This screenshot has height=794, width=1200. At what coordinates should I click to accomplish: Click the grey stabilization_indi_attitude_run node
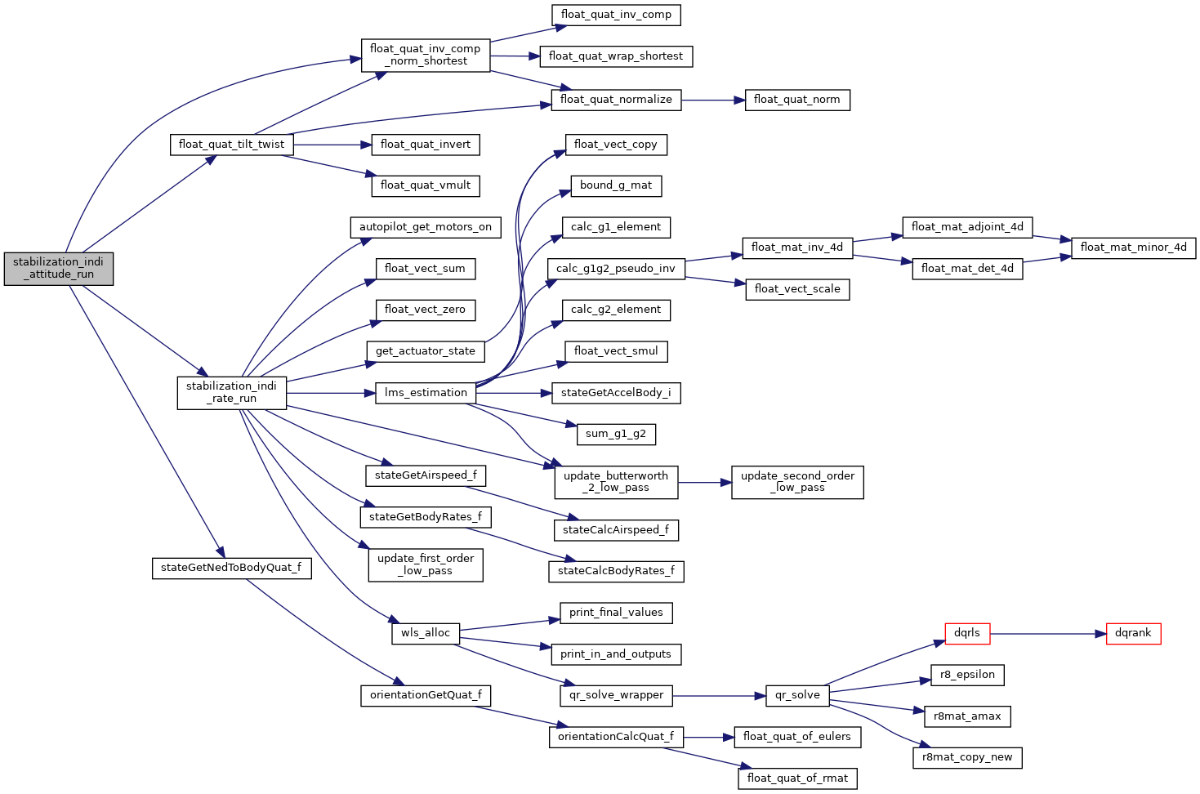tap(58, 268)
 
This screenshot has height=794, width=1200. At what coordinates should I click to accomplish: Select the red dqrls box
tap(966, 633)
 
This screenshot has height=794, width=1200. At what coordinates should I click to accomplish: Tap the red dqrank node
tap(1133, 633)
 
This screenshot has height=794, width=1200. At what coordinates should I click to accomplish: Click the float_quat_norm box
tap(796, 100)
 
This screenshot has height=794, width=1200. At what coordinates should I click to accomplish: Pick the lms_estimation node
tap(426, 393)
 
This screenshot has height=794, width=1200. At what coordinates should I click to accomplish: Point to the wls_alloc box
tap(426, 633)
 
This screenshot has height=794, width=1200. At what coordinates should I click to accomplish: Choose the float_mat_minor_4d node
tap(1133, 248)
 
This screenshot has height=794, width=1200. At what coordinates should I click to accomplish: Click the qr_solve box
tap(796, 695)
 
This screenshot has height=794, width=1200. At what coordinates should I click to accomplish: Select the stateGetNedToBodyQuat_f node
tap(231, 568)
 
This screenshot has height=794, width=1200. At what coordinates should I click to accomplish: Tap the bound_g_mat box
tap(615, 185)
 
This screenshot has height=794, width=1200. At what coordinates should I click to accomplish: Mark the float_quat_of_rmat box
tap(796, 778)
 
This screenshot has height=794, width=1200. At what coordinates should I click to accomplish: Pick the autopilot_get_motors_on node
tap(426, 227)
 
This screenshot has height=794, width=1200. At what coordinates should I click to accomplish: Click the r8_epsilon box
tap(966, 675)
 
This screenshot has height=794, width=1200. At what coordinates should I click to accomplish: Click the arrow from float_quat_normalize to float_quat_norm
tap(712, 100)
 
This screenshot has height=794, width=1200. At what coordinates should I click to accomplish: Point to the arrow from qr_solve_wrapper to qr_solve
tap(718, 695)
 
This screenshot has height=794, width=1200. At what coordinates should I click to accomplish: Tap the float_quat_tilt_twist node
tap(231, 145)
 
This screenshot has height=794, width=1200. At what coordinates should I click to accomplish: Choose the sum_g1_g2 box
tap(615, 434)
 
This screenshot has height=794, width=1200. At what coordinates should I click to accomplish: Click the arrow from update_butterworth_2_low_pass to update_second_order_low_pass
tap(704, 483)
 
